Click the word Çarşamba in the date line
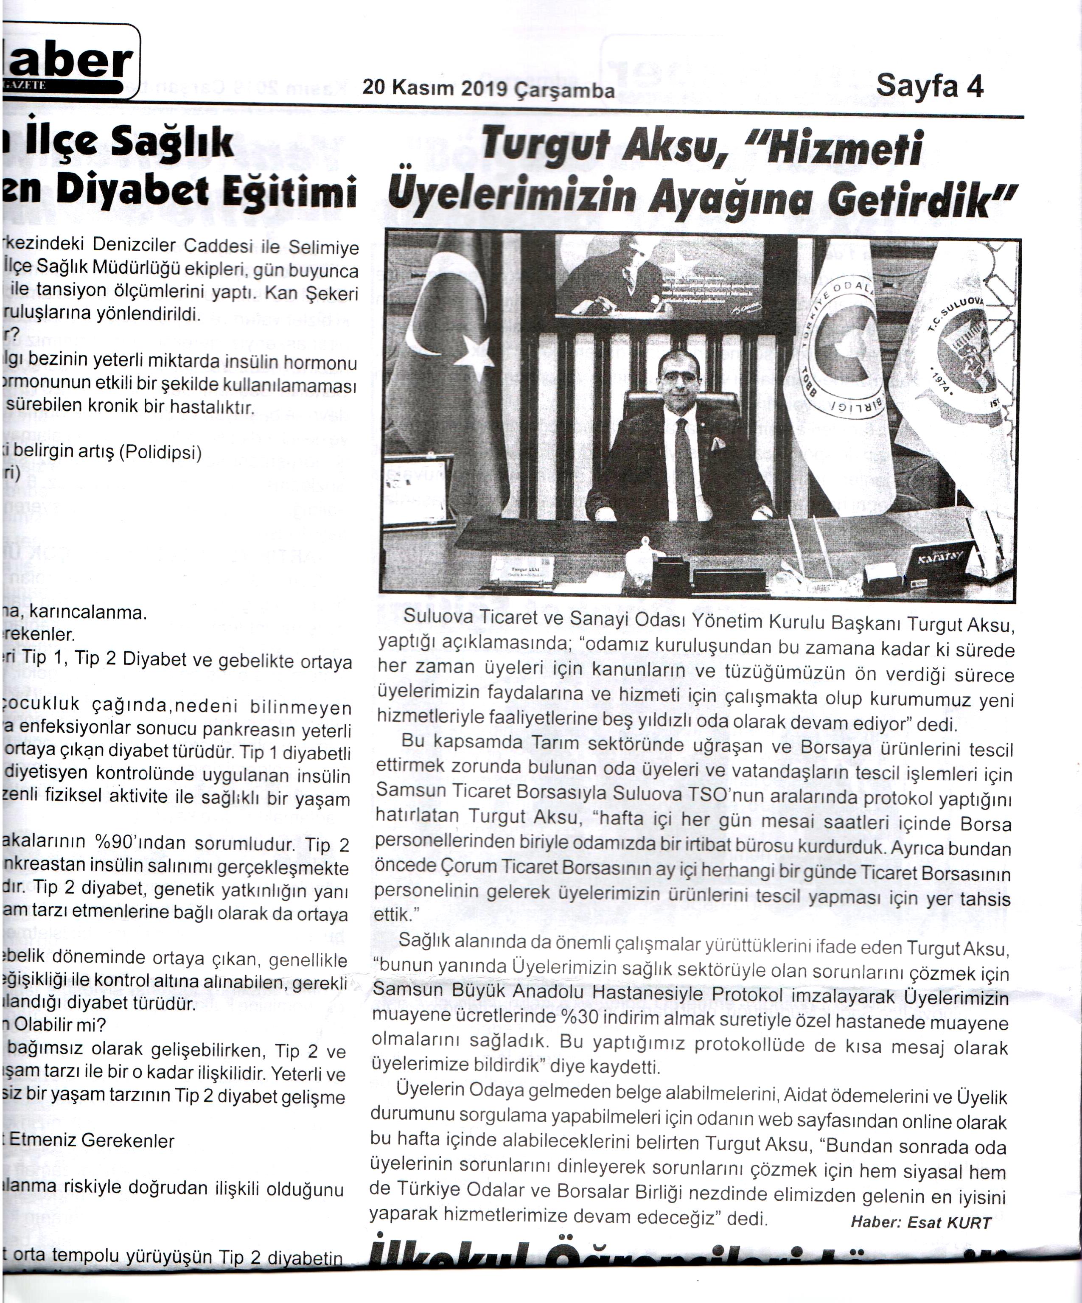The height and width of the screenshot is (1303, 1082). [x=565, y=91]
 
